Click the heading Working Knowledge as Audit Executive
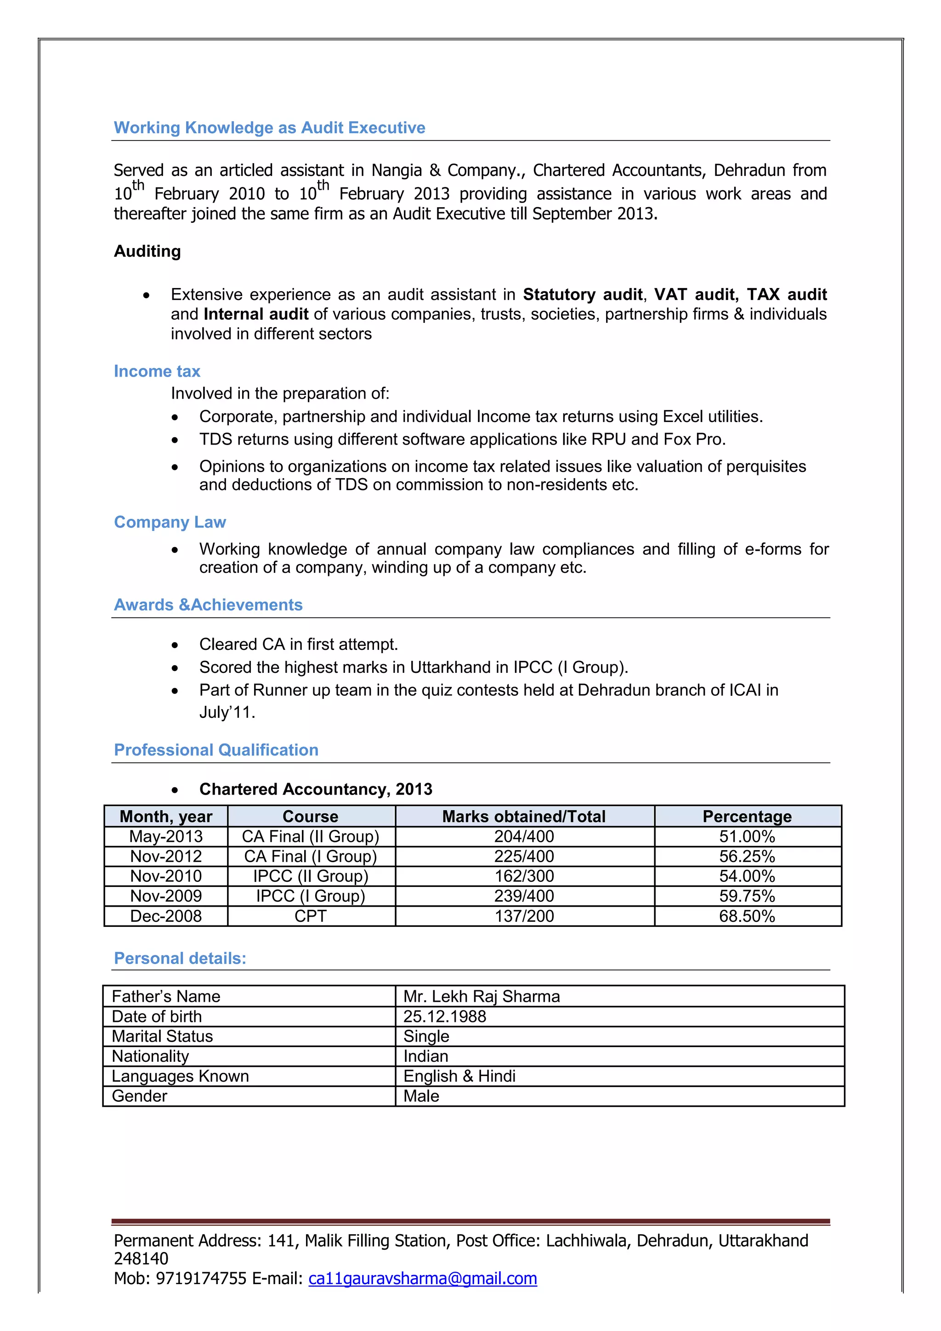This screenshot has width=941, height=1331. click(x=269, y=128)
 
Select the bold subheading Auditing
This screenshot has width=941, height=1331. click(x=147, y=251)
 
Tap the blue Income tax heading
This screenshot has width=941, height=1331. click(x=157, y=371)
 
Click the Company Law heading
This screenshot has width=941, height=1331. click(x=170, y=522)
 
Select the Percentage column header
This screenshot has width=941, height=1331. click(x=747, y=816)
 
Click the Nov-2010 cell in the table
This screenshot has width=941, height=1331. click(x=166, y=876)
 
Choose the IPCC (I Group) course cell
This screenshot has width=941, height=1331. click(x=310, y=896)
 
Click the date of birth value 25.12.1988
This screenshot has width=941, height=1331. click(x=445, y=1016)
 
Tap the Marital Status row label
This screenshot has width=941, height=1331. click(x=162, y=1036)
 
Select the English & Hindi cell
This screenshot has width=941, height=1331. click(x=459, y=1076)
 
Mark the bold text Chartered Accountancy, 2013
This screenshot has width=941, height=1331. click(x=315, y=789)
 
